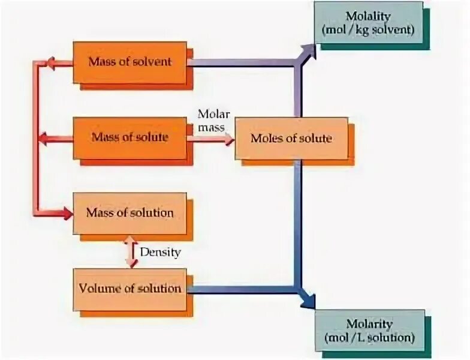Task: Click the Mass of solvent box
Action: click(x=130, y=62)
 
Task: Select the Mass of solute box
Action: click(x=130, y=137)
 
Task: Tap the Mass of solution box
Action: click(x=130, y=212)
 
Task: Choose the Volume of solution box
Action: click(x=130, y=289)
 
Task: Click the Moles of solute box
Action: click(x=291, y=138)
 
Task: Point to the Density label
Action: click(x=160, y=252)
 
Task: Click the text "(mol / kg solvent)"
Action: click(x=368, y=29)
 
